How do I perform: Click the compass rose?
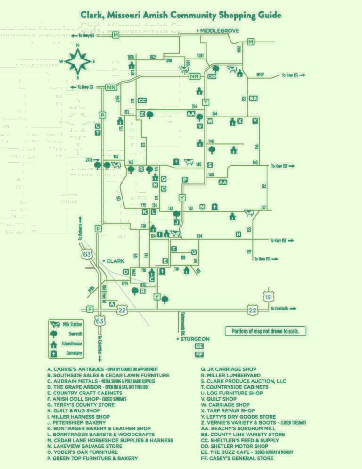coord(78,61)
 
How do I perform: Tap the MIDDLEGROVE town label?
coord(220,31)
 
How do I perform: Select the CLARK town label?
coord(115,261)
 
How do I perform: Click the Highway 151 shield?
coord(268,296)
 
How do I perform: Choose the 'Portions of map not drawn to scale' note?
coord(265,331)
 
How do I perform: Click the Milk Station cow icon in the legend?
coord(55,325)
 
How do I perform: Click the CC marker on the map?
coord(142,100)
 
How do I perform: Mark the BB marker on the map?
coord(253,98)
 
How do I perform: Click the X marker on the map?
coord(240,121)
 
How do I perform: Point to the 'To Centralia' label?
coord(283,309)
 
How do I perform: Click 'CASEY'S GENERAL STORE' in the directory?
coord(237,458)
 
